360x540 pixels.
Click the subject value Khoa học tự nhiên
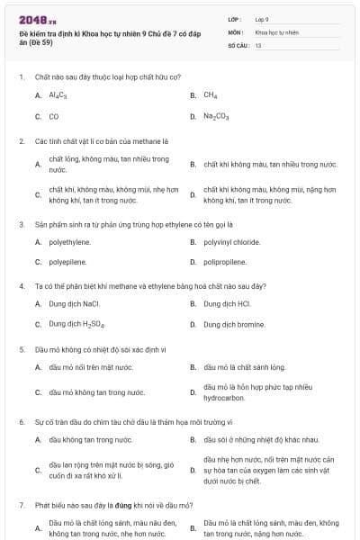pos(276,31)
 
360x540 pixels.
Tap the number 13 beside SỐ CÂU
pos(258,44)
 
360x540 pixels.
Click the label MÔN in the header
pos(234,31)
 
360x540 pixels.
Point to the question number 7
pos(21,506)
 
